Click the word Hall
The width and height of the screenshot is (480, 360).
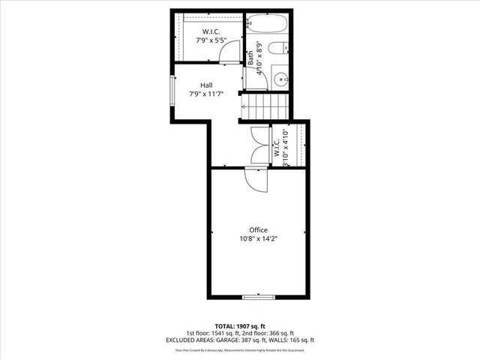tap(205, 85)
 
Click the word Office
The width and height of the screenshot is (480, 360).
tap(259, 229)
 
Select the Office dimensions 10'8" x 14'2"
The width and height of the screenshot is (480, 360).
tap(259, 239)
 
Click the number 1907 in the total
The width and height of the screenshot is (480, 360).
tap(239, 326)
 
